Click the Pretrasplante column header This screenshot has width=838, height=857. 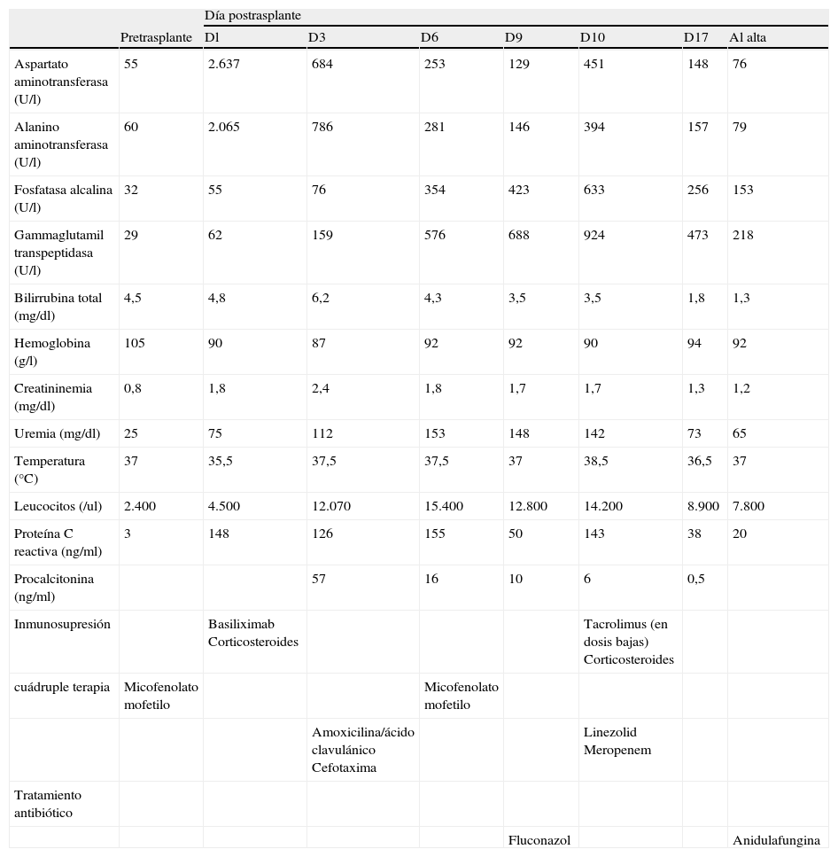pyautogui.click(x=156, y=37)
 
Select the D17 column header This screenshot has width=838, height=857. pyautogui.click(x=695, y=37)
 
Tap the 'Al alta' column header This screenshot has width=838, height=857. pyautogui.click(x=748, y=37)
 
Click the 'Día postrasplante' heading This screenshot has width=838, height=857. pyautogui.click(x=252, y=16)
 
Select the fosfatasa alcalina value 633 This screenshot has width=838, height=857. pyautogui.click(x=594, y=190)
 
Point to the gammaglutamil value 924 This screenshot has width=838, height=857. pyautogui.click(x=594, y=235)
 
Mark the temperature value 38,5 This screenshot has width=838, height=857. pyautogui.click(x=595, y=461)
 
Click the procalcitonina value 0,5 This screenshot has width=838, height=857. pyautogui.click(x=696, y=579)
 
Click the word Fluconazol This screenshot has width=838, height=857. pyautogui.click(x=539, y=840)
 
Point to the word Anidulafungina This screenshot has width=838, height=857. pyautogui.click(x=775, y=840)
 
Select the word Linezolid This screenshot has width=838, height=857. pyautogui.click(x=609, y=732)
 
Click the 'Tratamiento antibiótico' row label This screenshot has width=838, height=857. pyautogui.click(x=48, y=804)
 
